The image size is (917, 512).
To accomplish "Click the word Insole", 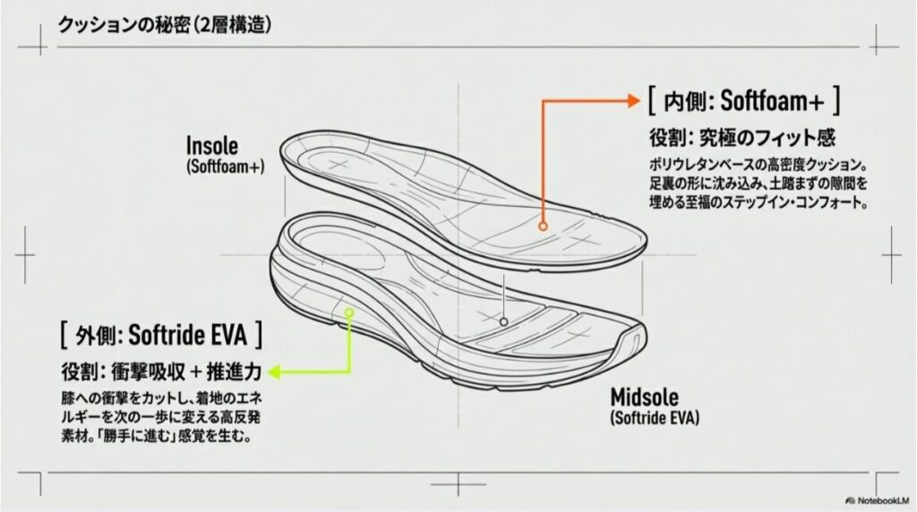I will [x=213, y=146].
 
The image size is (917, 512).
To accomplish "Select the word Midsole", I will [x=645, y=397].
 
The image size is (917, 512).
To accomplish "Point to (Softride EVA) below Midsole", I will [x=655, y=417].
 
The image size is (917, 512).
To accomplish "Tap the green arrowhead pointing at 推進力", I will [x=273, y=369].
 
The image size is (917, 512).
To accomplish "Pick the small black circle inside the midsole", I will [x=504, y=320].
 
